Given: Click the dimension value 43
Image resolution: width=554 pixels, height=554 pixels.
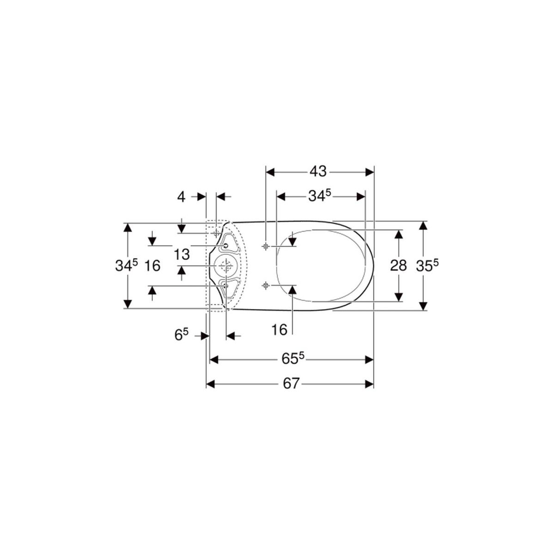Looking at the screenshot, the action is (x=318, y=172).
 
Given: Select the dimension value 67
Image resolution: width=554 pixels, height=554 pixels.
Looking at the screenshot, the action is (x=291, y=384).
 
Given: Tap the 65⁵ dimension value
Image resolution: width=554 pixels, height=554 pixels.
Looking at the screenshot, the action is (x=293, y=359).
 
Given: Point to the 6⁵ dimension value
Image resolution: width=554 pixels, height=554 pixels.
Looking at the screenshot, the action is (x=181, y=335).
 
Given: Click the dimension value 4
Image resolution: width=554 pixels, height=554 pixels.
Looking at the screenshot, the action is (x=181, y=197).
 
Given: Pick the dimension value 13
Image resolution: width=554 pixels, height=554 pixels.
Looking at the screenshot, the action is (x=182, y=254).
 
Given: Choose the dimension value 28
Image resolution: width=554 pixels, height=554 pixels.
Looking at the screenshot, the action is (x=398, y=265).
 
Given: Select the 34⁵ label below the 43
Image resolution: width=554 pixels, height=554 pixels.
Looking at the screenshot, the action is (x=320, y=196).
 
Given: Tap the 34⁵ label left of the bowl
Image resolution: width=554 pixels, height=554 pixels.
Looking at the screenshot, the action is (x=126, y=265).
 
